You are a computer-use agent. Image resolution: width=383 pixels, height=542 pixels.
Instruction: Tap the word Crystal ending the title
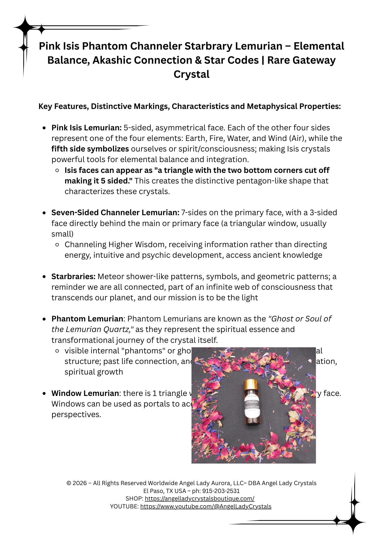192,75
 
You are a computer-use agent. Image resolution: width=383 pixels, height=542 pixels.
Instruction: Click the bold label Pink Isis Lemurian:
86,128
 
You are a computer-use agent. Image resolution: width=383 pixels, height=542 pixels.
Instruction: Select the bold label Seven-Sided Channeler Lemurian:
115,212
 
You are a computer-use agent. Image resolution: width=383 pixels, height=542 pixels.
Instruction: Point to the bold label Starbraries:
73,276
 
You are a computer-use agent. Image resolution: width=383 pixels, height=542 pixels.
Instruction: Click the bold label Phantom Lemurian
87,319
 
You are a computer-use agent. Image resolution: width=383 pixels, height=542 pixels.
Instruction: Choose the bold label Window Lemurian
85,393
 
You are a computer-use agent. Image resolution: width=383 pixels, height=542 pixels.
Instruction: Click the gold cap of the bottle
251,384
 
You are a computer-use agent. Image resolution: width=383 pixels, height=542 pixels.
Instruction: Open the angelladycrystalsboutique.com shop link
199,498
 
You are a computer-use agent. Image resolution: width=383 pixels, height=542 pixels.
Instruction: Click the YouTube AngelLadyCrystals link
206,506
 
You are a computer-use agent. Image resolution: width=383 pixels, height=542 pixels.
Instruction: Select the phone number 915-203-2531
221,491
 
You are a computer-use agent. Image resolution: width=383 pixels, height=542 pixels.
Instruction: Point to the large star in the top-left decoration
25,27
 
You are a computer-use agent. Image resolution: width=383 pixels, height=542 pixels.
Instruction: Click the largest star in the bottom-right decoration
353,522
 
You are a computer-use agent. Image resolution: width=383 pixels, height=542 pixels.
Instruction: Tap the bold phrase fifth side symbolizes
90,149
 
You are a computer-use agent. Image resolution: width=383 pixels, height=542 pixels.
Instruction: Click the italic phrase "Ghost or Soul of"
300,319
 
